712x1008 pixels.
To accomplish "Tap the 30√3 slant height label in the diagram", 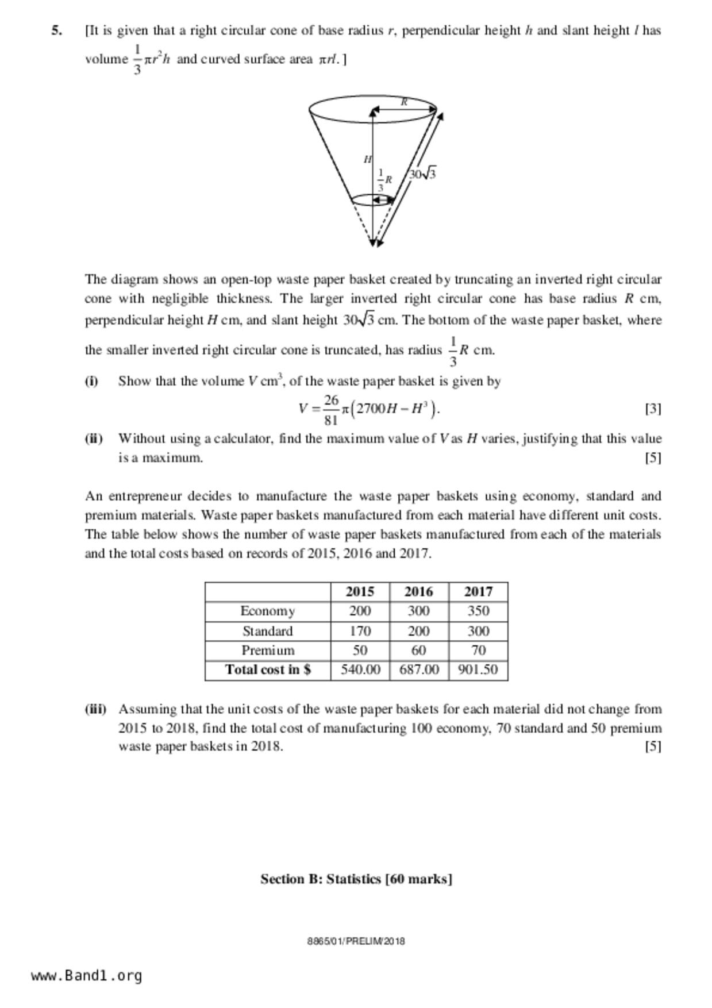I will coord(422,174).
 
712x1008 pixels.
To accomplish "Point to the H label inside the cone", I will coord(368,159).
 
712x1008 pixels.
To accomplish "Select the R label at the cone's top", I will coord(404,102).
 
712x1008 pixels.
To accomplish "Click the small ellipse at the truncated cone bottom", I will coord(372,199).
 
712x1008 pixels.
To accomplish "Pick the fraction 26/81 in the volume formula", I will coord(330,409).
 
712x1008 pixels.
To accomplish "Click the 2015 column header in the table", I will coord(360,591).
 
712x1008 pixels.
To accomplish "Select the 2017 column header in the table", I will coord(478,591).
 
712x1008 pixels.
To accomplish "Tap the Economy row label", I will coord(267,611).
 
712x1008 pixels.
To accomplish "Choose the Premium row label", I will coord(267,650).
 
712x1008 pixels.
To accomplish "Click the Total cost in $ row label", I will coord(267,670).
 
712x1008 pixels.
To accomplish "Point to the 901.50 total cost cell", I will coord(478,670).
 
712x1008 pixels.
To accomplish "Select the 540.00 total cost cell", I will coord(360,670).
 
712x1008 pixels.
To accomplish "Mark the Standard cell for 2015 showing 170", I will coord(360,631).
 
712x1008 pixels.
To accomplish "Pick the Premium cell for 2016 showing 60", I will coord(418,650).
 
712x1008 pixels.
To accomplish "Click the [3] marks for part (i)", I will coord(653,409).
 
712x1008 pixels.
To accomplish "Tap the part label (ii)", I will coord(94,438).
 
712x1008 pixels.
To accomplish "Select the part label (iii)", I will coord(95,709).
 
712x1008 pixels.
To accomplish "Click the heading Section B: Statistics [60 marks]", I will coord(356,879).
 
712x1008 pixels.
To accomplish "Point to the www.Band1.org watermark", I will coord(87,976).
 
